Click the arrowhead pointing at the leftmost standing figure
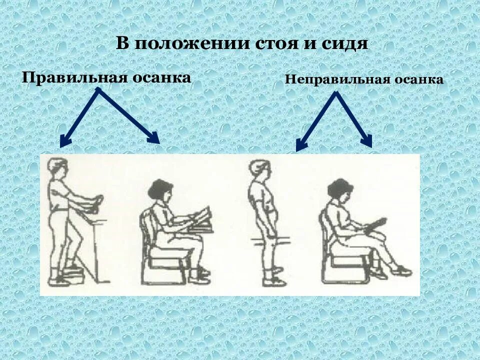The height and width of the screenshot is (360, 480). [x=63, y=143]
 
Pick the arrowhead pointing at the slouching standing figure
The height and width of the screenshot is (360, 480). [x=299, y=146]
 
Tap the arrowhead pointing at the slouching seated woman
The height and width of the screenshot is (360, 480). [x=369, y=142]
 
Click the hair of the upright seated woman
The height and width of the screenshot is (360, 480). [x=159, y=189]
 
